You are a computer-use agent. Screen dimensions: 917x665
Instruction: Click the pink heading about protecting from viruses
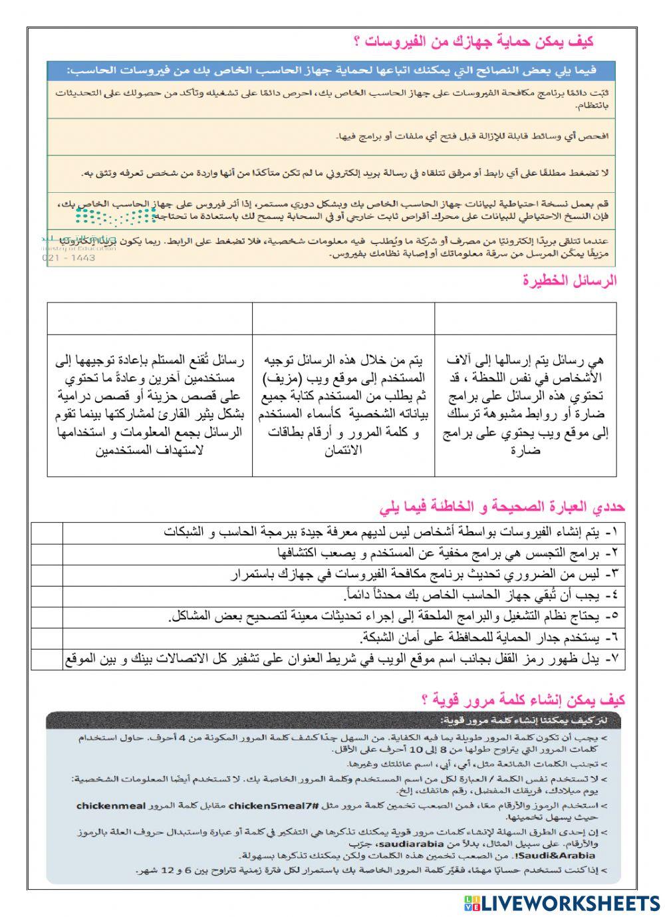click(x=473, y=43)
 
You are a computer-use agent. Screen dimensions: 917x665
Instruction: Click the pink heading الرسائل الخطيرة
click(x=569, y=281)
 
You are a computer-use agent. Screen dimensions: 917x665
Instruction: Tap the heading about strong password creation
click(x=523, y=700)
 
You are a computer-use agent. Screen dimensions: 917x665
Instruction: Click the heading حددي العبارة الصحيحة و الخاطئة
click(x=503, y=507)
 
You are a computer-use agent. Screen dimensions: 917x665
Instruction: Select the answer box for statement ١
click(x=47, y=533)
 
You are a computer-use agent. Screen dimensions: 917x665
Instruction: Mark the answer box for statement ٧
click(x=47, y=659)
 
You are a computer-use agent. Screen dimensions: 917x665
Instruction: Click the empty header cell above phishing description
click(x=343, y=319)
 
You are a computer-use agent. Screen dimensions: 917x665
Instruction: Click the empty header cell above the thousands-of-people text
click(x=525, y=319)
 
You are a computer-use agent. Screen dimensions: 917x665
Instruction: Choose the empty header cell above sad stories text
click(x=150, y=319)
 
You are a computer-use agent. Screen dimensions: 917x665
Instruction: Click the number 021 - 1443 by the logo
click(x=68, y=257)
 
